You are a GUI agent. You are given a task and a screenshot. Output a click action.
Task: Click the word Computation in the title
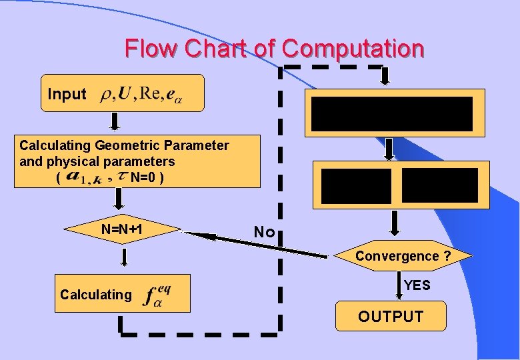[353, 49]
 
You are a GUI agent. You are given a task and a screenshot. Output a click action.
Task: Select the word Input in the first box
[67, 95]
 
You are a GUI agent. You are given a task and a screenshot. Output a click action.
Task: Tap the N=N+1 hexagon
[123, 230]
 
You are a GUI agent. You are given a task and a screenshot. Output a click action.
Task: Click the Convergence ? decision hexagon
[403, 257]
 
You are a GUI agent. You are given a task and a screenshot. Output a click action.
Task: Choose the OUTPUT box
[391, 317]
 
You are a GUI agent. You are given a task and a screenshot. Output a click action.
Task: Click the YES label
[417, 285]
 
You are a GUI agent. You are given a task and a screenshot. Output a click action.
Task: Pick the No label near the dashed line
[264, 233]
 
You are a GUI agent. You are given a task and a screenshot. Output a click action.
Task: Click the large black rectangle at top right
[392, 113]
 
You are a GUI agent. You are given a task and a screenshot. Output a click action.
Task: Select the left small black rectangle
[359, 185]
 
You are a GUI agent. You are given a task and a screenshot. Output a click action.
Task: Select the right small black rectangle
[439, 185]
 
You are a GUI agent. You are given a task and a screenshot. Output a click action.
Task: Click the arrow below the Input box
[115, 122]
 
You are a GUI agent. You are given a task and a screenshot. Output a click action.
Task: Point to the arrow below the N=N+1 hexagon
[123, 258]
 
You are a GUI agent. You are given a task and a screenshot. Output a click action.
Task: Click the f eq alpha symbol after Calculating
[157, 294]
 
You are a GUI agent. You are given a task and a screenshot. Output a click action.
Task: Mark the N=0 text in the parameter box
[143, 177]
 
